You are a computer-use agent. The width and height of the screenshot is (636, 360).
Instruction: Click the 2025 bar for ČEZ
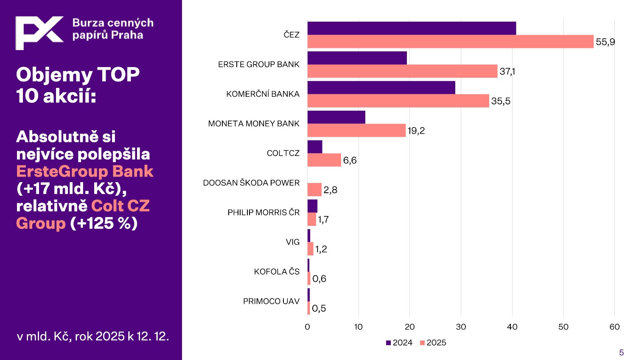point(450,42)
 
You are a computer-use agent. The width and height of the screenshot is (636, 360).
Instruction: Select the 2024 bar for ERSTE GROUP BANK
point(357,58)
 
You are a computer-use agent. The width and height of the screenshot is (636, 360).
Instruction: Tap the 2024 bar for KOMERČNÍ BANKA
point(381,87)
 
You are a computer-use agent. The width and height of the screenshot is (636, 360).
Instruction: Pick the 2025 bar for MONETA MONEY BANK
point(356,130)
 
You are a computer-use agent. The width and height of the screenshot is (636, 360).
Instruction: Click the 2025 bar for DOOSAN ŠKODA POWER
point(314,189)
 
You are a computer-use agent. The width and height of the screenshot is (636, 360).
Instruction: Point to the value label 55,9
point(605,42)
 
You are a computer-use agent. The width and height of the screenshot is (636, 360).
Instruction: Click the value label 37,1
point(507,71)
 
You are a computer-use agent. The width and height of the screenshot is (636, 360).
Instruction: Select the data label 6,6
point(350,160)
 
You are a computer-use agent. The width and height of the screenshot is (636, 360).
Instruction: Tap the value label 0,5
point(319,309)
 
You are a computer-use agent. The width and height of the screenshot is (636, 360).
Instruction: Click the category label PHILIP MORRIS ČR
point(263,212)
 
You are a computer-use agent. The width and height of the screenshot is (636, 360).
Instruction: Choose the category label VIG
point(292,242)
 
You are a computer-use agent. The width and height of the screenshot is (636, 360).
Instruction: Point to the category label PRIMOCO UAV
point(271,301)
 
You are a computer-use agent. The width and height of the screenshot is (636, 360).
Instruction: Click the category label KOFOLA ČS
point(277,272)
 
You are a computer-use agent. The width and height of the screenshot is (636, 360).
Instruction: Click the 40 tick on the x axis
point(512,327)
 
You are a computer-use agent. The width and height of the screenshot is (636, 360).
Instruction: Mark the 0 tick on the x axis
point(308,327)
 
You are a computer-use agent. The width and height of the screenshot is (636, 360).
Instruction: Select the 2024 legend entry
point(399,343)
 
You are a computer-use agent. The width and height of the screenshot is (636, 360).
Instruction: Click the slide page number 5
point(622,352)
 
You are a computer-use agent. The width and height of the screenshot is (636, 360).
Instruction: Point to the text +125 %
point(104,223)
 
